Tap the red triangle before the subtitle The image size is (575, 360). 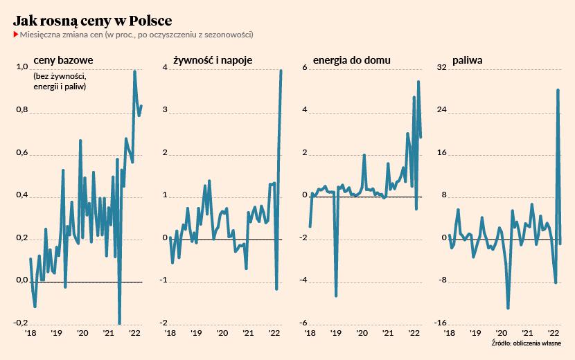tap(15, 34)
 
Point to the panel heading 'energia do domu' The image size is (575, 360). tap(351, 60)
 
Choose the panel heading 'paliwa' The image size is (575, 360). tap(468, 60)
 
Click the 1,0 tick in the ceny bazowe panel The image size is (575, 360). tap(21, 67)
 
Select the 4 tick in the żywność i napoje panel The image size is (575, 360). tap(165, 67)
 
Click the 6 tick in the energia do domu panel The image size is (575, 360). tap(304, 67)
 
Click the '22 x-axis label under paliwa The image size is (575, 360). tap(554, 333)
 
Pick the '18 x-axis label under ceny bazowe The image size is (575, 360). tap(30, 333)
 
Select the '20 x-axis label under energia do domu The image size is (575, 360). tap(362, 333)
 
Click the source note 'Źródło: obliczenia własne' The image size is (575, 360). tap(527, 343)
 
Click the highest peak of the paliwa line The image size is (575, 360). tap(558, 89)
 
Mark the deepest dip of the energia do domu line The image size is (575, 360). tap(336, 296)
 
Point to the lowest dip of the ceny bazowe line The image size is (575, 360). tap(120, 323)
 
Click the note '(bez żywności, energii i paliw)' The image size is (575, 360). tap(60, 80)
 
